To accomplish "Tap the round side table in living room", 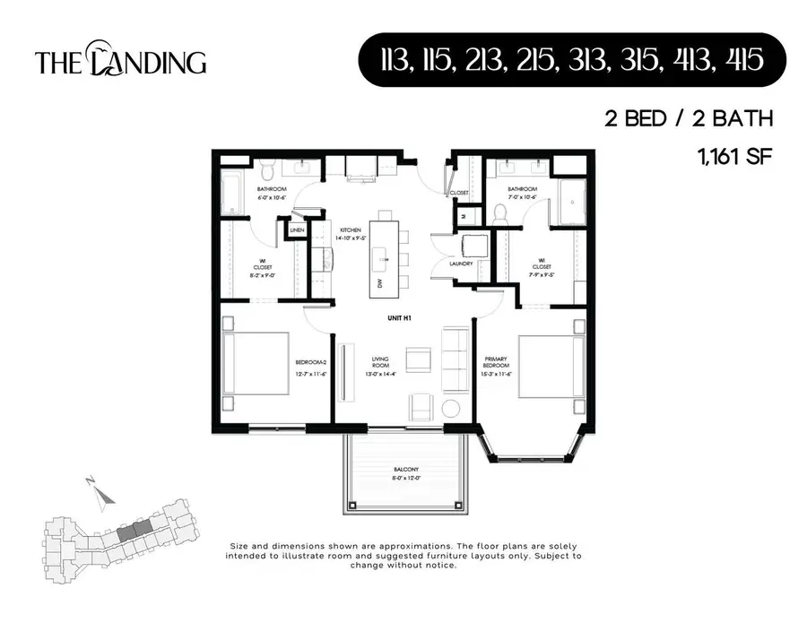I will [449, 408].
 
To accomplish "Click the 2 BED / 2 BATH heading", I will [688, 117].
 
